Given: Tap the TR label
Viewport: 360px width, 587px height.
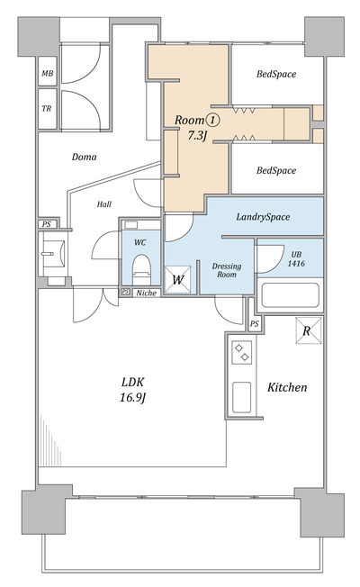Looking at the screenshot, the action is (47, 109).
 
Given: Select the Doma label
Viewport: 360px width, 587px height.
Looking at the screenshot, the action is (84, 157).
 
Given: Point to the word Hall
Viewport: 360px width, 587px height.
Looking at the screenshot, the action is (104, 204).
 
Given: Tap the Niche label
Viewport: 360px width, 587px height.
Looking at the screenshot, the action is (146, 293).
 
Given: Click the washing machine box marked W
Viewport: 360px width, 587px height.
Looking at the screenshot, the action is (178, 279).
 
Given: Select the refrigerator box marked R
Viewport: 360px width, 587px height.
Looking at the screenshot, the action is (309, 330).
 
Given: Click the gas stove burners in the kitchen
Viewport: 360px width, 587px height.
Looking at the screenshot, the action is (241, 352).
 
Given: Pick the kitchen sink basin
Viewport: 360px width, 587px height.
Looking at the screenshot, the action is (241, 397).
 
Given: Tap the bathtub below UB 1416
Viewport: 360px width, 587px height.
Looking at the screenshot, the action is (290, 295).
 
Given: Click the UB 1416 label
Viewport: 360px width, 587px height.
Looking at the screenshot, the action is (296, 259).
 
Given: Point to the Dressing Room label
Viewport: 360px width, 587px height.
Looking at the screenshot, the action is (227, 270).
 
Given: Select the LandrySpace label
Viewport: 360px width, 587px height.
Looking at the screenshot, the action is (263, 217).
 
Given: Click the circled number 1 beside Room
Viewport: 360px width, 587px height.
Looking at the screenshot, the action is (212, 120).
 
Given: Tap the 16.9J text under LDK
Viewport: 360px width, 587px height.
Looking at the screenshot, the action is (132, 397).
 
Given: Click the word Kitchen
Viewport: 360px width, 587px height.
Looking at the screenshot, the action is (287, 387).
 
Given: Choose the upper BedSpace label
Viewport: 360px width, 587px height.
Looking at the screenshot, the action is (276, 74).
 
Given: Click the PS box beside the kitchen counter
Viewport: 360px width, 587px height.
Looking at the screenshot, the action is (255, 324).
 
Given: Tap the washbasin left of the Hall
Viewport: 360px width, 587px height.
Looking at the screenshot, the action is (53, 254).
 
